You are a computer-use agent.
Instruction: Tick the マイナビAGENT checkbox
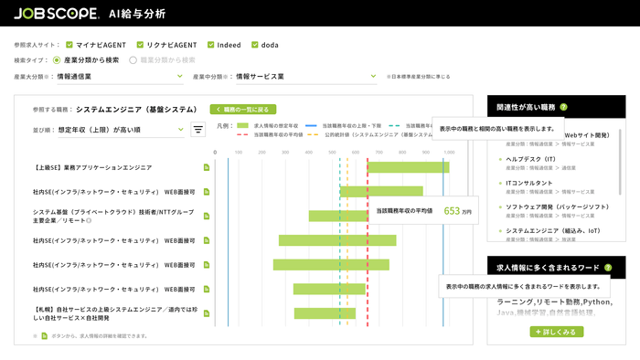coord(69,44)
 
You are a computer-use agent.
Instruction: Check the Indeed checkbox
coord(211,44)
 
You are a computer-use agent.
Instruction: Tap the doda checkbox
coord(256,44)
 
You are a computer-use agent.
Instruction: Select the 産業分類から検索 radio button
coord(58,59)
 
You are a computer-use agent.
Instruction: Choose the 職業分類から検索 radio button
coord(133,59)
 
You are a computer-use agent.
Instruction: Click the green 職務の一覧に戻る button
coord(242,109)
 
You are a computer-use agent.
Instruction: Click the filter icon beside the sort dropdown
coord(198,130)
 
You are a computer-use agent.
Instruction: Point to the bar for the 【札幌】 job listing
coord(325,313)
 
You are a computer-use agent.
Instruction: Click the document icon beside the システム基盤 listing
coord(207,216)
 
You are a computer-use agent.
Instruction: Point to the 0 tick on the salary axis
coord(216,153)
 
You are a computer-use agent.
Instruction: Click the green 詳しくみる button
coord(556,332)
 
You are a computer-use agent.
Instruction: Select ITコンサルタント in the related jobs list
coord(528,183)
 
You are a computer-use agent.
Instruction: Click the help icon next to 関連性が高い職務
coord(563,107)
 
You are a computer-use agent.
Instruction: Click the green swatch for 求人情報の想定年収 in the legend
coord(242,124)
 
